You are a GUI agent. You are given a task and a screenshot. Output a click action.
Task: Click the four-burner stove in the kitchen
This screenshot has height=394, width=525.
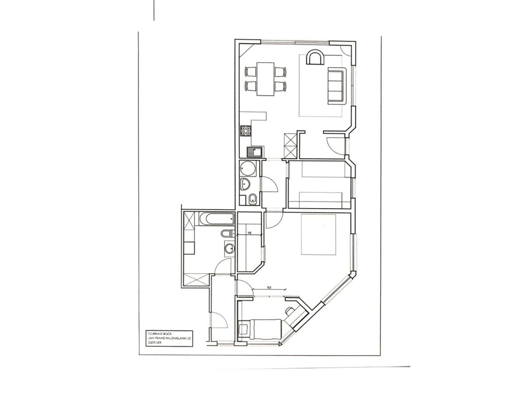pos(246,131)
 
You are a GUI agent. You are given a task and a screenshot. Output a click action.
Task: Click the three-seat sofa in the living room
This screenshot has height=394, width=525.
pos(336,85)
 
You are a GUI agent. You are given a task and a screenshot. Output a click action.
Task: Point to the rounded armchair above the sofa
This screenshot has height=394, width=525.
pos(315,58)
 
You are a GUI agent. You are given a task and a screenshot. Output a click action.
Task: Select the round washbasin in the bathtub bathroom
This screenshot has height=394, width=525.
pos(229,248)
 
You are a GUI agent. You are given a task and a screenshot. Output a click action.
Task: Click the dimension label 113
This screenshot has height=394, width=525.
pos(250,233)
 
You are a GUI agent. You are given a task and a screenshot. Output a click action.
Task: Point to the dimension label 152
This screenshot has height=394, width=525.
pos(269,287)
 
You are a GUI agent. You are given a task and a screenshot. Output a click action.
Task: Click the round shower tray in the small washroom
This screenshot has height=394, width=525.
pos(248,169)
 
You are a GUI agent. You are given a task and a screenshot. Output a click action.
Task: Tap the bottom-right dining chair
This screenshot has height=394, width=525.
pos(280,86)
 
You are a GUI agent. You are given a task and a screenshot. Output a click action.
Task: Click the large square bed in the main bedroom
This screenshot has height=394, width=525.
pos(318,234)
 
